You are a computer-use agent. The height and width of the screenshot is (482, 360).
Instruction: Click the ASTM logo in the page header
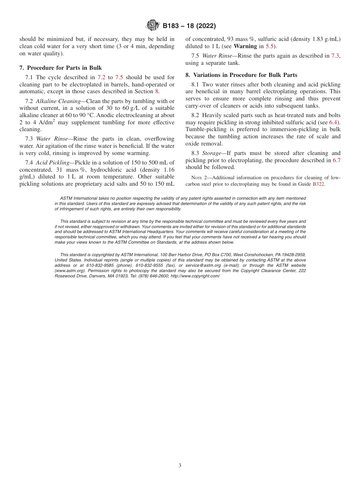pyautogui.click(x=153, y=26)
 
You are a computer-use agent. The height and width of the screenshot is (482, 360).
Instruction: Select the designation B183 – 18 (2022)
pyautogui.click(x=189, y=26)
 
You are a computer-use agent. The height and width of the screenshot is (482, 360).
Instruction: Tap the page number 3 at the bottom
pyautogui.click(x=180, y=465)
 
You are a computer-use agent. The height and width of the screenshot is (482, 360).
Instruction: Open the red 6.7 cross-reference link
pyautogui.click(x=336, y=160)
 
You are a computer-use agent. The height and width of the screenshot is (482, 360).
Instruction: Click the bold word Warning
pyautogui.click(x=245, y=46)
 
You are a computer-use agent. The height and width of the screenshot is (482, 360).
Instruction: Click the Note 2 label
pyautogui.click(x=198, y=178)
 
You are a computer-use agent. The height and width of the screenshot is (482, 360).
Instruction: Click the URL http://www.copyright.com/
pyautogui.click(x=195, y=276)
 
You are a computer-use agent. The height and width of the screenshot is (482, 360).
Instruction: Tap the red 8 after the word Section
pyautogui.click(x=157, y=91)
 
